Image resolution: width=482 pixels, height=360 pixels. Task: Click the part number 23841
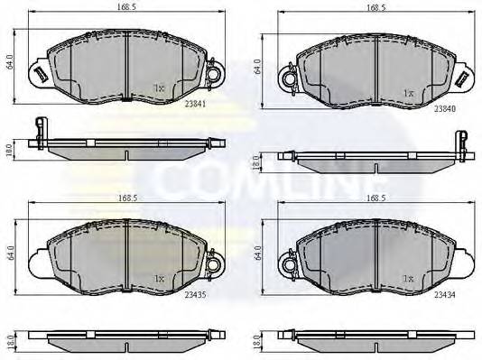[192, 104]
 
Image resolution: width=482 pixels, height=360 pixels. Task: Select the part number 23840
[443, 107]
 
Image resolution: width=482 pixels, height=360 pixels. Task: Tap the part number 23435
[192, 293]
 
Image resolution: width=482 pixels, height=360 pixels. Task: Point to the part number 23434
[443, 294]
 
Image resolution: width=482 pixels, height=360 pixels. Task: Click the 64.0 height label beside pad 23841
[9, 64]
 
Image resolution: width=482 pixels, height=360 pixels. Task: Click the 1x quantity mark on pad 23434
[408, 279]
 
